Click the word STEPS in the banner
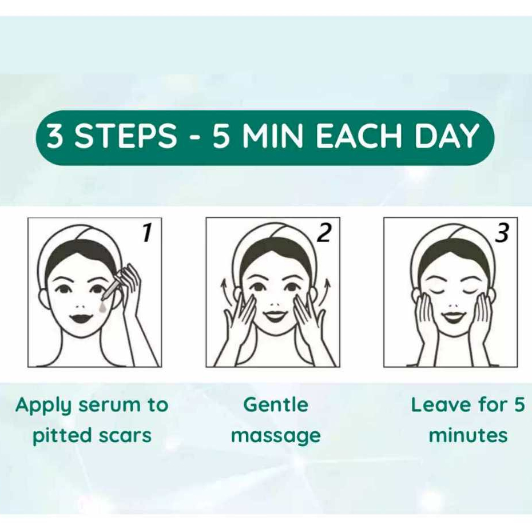(125, 136)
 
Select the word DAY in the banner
(447, 136)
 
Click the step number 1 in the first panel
(147, 233)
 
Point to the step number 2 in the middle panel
(324, 233)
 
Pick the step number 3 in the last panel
(502, 233)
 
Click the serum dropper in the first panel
(110, 287)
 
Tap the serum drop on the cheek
(102, 307)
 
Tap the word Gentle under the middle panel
(276, 405)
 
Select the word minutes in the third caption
(468, 435)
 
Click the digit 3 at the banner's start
(54, 136)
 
